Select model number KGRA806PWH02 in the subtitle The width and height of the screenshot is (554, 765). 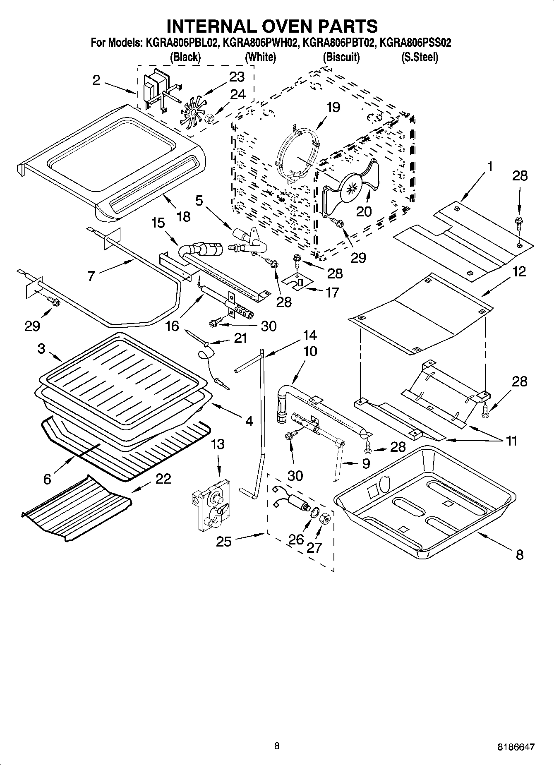click(x=260, y=43)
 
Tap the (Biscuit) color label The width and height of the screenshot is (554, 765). click(x=341, y=57)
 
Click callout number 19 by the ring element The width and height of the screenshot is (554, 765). click(x=333, y=108)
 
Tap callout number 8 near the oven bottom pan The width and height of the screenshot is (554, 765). click(x=520, y=554)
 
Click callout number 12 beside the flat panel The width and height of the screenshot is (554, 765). click(x=519, y=271)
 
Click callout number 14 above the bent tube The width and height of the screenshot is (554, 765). click(x=310, y=335)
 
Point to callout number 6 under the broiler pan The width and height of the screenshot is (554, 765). click(x=47, y=479)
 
